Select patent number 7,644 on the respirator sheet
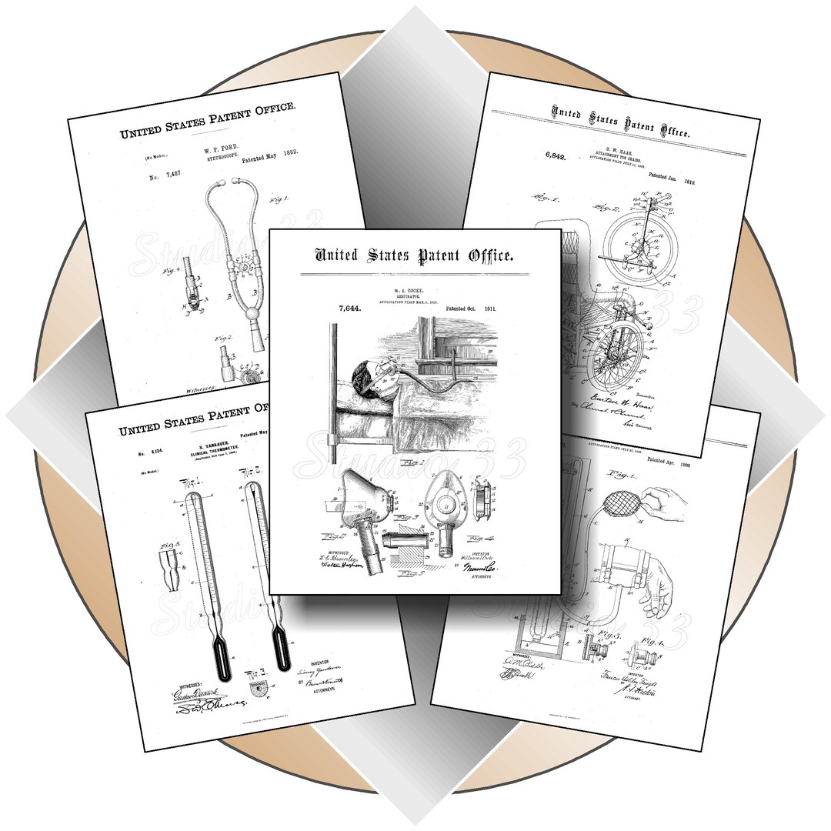click(351, 309)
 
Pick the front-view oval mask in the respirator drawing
click(446, 508)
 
